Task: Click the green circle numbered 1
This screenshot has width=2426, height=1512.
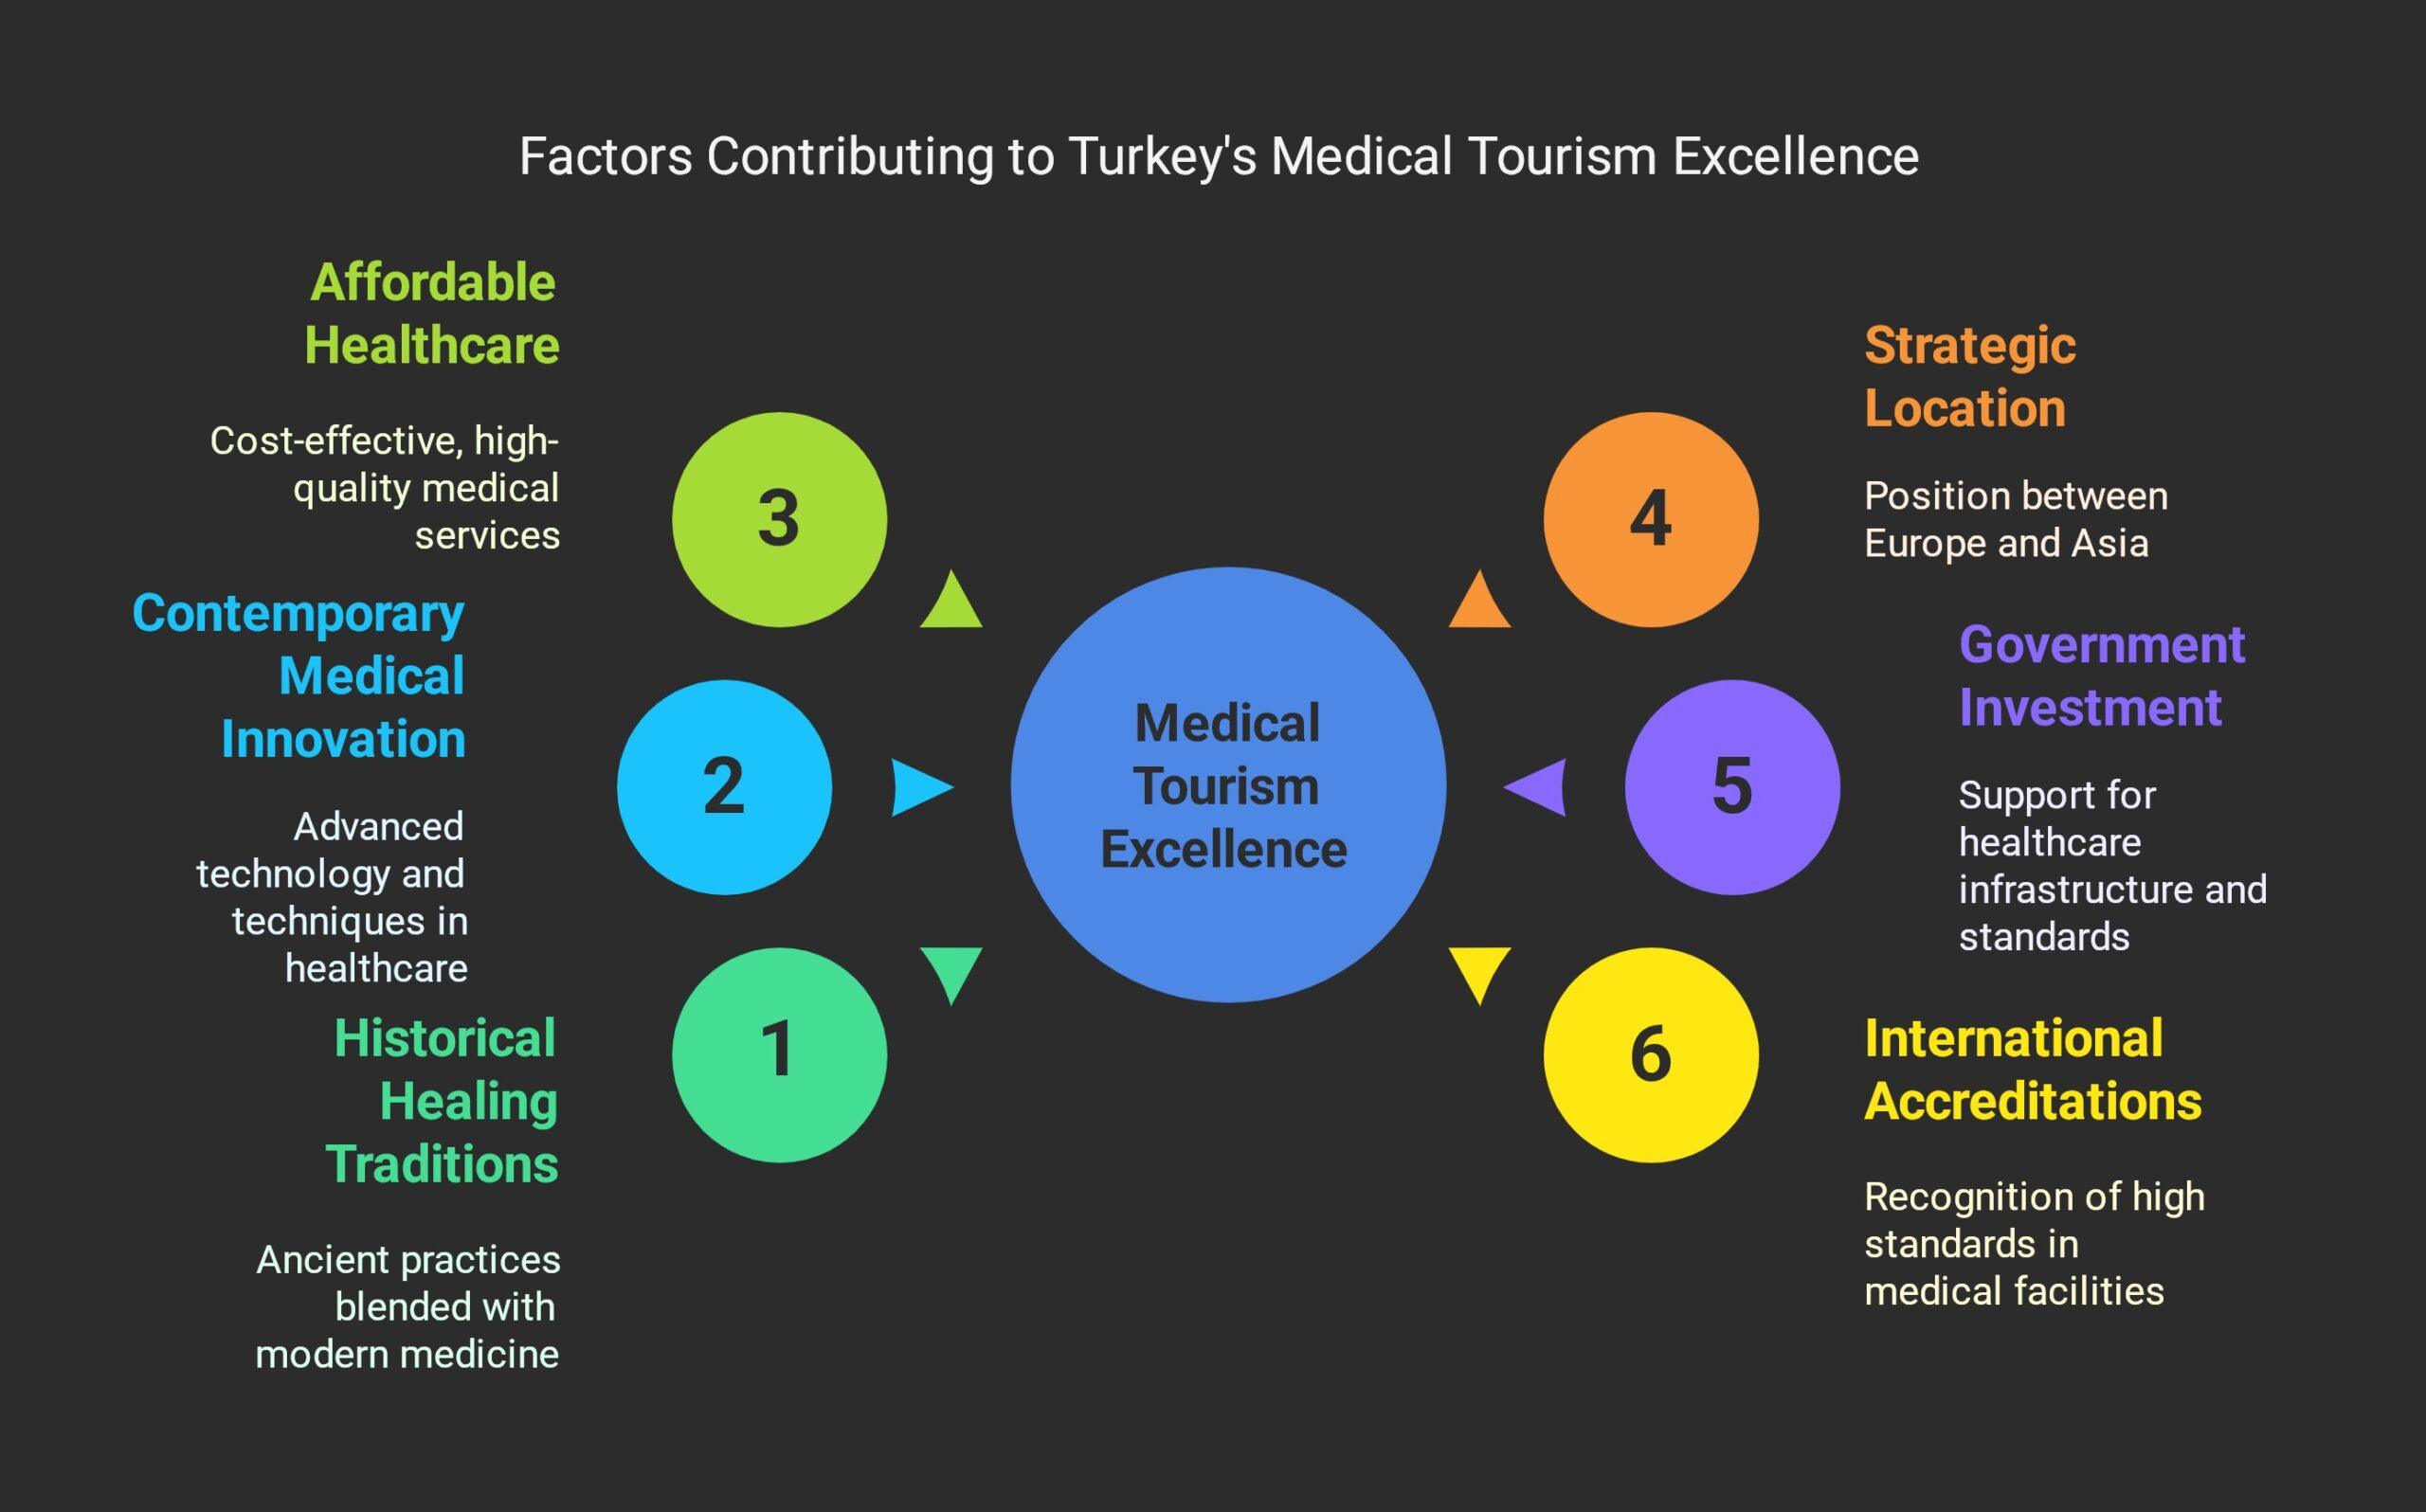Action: click(x=779, y=1054)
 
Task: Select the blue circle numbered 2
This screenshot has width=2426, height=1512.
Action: click(x=724, y=787)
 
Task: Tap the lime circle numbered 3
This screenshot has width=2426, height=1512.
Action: click(x=779, y=519)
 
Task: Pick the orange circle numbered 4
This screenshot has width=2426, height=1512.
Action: click(x=1650, y=519)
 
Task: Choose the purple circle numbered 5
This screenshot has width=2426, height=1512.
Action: click(x=1732, y=787)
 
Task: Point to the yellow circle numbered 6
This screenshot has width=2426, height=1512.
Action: click(x=1650, y=1054)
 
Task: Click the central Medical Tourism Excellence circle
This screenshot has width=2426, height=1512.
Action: click(x=1227, y=785)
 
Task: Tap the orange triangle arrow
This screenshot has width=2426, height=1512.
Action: click(x=1479, y=603)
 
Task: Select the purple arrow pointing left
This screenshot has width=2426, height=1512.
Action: click(x=1536, y=787)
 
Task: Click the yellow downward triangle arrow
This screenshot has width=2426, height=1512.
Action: click(x=1479, y=971)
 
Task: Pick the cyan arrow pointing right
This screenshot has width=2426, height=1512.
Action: click(x=920, y=787)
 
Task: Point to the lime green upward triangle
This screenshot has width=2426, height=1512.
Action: click(x=951, y=603)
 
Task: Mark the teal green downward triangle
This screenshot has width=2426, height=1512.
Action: click(x=951, y=971)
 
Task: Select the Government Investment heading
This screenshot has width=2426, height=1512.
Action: click(x=2101, y=676)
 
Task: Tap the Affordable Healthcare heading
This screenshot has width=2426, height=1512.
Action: click(x=432, y=314)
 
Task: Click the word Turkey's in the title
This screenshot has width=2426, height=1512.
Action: click(x=1163, y=157)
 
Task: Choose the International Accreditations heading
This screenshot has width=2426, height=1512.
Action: click(x=2032, y=1070)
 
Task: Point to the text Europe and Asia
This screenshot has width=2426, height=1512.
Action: click(x=2005, y=544)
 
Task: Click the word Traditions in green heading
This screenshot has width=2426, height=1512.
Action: click(x=442, y=1165)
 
